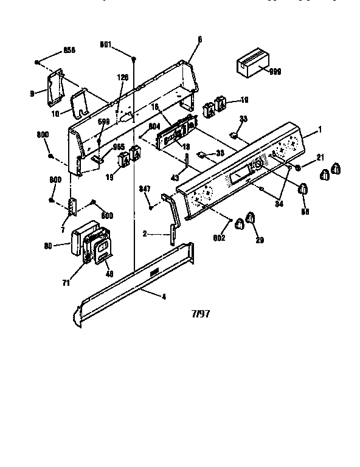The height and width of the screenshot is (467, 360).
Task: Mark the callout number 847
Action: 145,188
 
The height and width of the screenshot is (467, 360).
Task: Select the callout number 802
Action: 219,238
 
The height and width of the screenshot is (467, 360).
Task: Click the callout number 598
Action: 104,122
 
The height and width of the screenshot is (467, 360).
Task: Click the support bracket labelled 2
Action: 171,216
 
